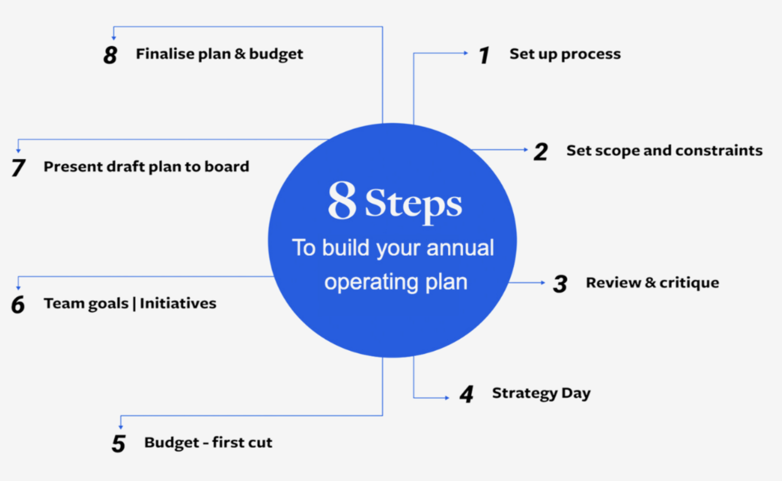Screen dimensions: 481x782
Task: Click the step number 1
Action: pyautogui.click(x=484, y=55)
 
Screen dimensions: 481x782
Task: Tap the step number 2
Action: pyautogui.click(x=541, y=152)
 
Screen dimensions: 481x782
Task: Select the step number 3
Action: pyautogui.click(x=560, y=284)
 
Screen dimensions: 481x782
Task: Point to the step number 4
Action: pyautogui.click(x=466, y=394)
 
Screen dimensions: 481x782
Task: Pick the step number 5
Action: pyautogui.click(x=119, y=443)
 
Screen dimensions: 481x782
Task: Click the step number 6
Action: pyautogui.click(x=18, y=305)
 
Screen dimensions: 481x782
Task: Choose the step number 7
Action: pyautogui.click(x=18, y=167)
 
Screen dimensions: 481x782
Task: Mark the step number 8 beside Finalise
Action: pyautogui.click(x=110, y=55)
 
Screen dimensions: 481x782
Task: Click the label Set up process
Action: pyautogui.click(x=565, y=54)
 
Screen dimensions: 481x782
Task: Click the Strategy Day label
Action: pyautogui.click(x=541, y=393)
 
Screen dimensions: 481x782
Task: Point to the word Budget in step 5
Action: pyautogui.click(x=172, y=443)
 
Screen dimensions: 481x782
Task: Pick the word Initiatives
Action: pyautogui.click(x=178, y=304)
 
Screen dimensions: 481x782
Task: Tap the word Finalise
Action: pyautogui.click(x=164, y=54)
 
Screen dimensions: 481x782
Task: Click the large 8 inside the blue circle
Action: pyautogui.click(x=342, y=201)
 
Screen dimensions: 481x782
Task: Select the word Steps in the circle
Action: pyautogui.click(x=413, y=203)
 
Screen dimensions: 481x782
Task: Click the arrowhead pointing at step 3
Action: pyautogui.click(x=543, y=283)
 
